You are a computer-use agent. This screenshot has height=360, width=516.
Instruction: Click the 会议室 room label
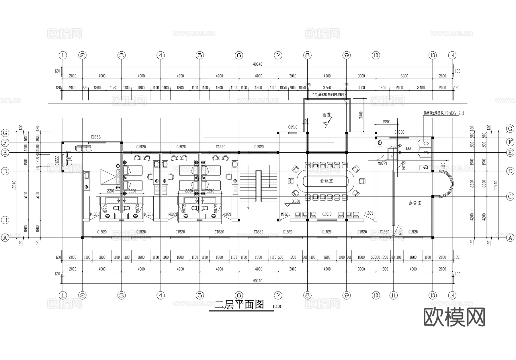tap(326, 181)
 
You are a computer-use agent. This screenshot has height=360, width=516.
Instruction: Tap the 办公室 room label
tap(415, 203)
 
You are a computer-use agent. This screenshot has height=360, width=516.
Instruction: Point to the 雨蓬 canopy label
tap(327, 115)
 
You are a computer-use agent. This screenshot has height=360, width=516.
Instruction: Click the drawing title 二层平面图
tap(239, 304)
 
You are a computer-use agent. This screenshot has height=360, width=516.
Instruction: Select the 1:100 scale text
tap(277, 306)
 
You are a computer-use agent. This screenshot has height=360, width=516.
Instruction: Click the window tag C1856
tap(95, 137)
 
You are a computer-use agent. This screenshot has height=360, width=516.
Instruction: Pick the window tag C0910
tap(293, 127)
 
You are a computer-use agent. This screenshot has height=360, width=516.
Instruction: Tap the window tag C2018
tap(327, 214)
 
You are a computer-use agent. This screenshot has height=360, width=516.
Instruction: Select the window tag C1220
tap(384, 232)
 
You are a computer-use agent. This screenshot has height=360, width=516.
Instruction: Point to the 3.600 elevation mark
tap(296, 201)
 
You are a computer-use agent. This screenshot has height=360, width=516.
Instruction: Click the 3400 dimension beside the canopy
tap(361, 115)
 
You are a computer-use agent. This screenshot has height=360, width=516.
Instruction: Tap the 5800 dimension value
tap(404, 76)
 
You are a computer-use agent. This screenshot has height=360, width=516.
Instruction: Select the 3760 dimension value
tap(327, 88)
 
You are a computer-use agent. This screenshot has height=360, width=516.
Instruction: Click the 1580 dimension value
tap(114, 88)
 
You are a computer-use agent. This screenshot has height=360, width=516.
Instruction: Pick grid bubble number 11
tap(394, 295)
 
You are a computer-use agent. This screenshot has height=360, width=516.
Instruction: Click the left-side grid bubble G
tap(5, 133)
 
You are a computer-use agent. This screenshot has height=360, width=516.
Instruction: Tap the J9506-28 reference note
tap(454, 113)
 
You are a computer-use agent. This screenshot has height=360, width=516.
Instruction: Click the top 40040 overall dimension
tap(257, 64)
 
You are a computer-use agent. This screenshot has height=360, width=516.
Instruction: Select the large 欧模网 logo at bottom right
tap(454, 317)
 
